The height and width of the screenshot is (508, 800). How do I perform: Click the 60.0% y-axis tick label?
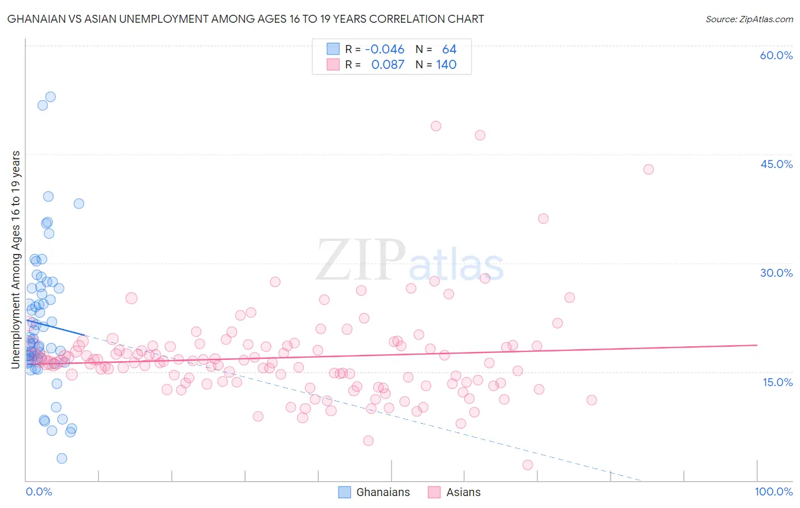coord(776,55)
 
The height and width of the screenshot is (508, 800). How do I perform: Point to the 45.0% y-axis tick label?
coord(776,164)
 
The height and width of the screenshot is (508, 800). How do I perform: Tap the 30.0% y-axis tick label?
coord(776,273)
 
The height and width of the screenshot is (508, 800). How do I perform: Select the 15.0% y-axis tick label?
coord(777,382)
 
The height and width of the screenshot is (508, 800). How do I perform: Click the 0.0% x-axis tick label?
coord(39,491)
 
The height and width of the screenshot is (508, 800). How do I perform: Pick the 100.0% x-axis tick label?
coord(773,491)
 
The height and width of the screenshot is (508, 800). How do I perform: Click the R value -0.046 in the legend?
coord(385,50)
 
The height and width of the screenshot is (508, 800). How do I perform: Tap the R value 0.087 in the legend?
coord(387,64)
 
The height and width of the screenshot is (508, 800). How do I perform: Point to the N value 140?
coord(446,64)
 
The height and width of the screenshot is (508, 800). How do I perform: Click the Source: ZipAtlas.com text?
coord(749,19)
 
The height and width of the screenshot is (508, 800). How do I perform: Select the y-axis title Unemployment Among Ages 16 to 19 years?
coord(16,259)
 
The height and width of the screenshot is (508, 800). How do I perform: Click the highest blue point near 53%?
coord(51,97)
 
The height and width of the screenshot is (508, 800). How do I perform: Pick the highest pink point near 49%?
coord(436,126)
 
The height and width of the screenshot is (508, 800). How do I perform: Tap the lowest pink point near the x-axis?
coord(527,465)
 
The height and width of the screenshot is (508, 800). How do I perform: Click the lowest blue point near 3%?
coord(62,458)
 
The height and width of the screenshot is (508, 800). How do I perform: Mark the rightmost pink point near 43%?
coord(648,169)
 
